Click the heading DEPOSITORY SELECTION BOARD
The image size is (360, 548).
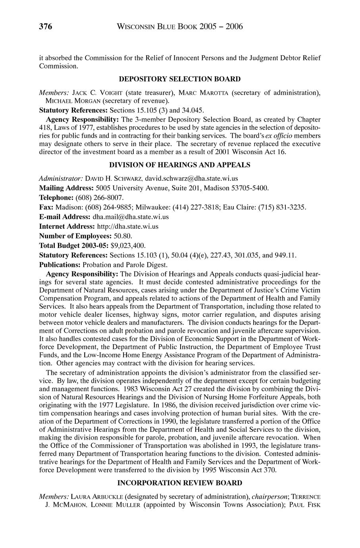[180, 79]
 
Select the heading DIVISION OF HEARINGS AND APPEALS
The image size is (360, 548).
[180, 164]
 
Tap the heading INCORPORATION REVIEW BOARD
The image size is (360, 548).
[180, 483]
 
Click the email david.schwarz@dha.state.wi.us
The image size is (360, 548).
[191, 178]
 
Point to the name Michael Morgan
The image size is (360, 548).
[70, 101]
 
